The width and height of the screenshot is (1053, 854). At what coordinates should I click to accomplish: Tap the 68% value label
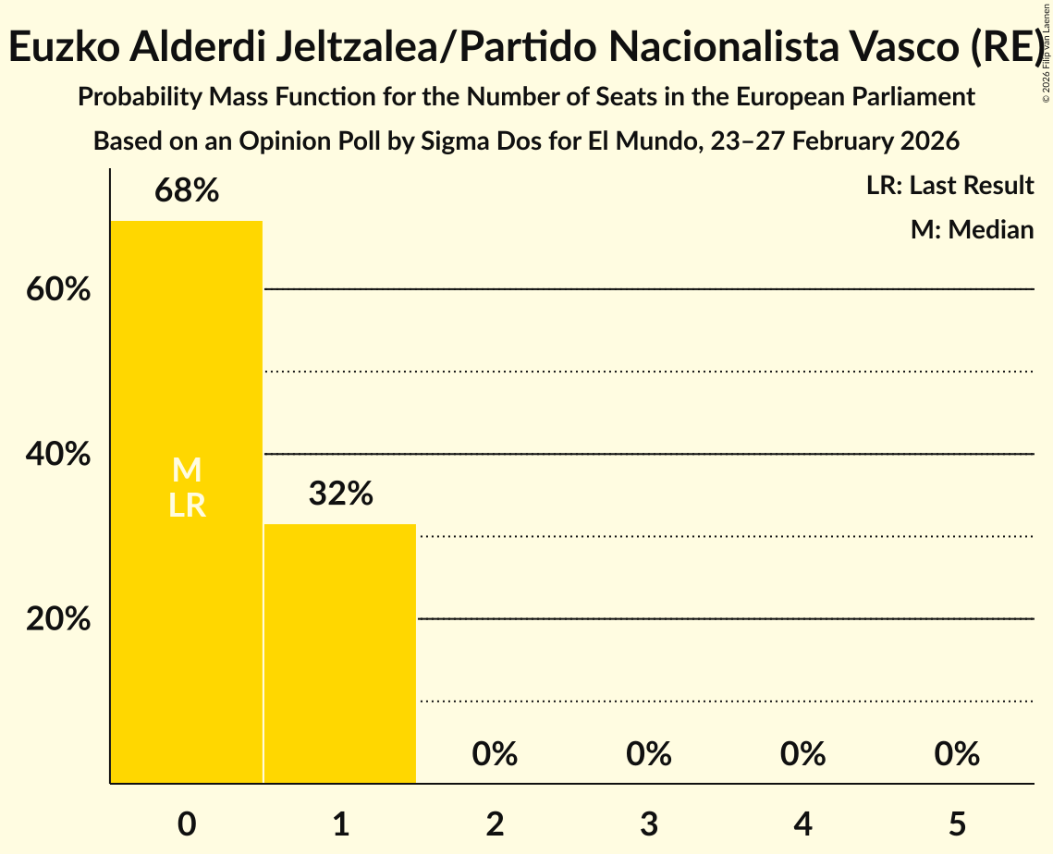click(187, 191)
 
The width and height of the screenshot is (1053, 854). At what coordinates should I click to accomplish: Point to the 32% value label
click(340, 494)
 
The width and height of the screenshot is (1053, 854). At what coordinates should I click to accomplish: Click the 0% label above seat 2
click(495, 754)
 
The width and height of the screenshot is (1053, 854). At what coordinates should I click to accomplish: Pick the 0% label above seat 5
click(957, 754)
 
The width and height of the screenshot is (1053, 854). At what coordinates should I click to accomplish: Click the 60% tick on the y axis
click(58, 290)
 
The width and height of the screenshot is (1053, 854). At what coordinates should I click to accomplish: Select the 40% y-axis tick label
click(58, 455)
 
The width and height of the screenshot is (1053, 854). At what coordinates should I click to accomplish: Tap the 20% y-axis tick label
click(58, 619)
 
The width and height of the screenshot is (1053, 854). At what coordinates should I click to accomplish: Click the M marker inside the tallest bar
click(187, 470)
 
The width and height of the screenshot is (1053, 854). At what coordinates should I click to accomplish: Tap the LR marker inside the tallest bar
click(187, 506)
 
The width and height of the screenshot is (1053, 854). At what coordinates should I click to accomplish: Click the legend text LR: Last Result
click(949, 186)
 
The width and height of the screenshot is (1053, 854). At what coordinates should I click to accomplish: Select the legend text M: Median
click(972, 229)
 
